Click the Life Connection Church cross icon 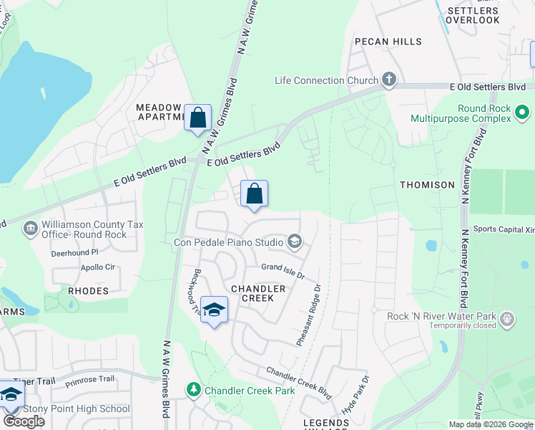(x=389, y=80)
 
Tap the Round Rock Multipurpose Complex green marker (x=522, y=113)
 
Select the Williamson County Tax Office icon (x=31, y=229)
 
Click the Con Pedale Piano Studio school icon (x=295, y=242)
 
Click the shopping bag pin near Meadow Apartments (x=197, y=118)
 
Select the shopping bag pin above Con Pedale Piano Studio (x=254, y=193)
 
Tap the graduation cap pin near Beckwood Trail (x=214, y=310)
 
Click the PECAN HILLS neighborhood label (x=387, y=42)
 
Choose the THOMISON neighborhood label (x=427, y=185)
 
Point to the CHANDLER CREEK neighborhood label (x=263, y=293)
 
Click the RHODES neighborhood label (x=88, y=291)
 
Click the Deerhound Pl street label (x=74, y=253)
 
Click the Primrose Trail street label (x=89, y=379)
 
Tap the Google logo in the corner (x=24, y=421)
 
